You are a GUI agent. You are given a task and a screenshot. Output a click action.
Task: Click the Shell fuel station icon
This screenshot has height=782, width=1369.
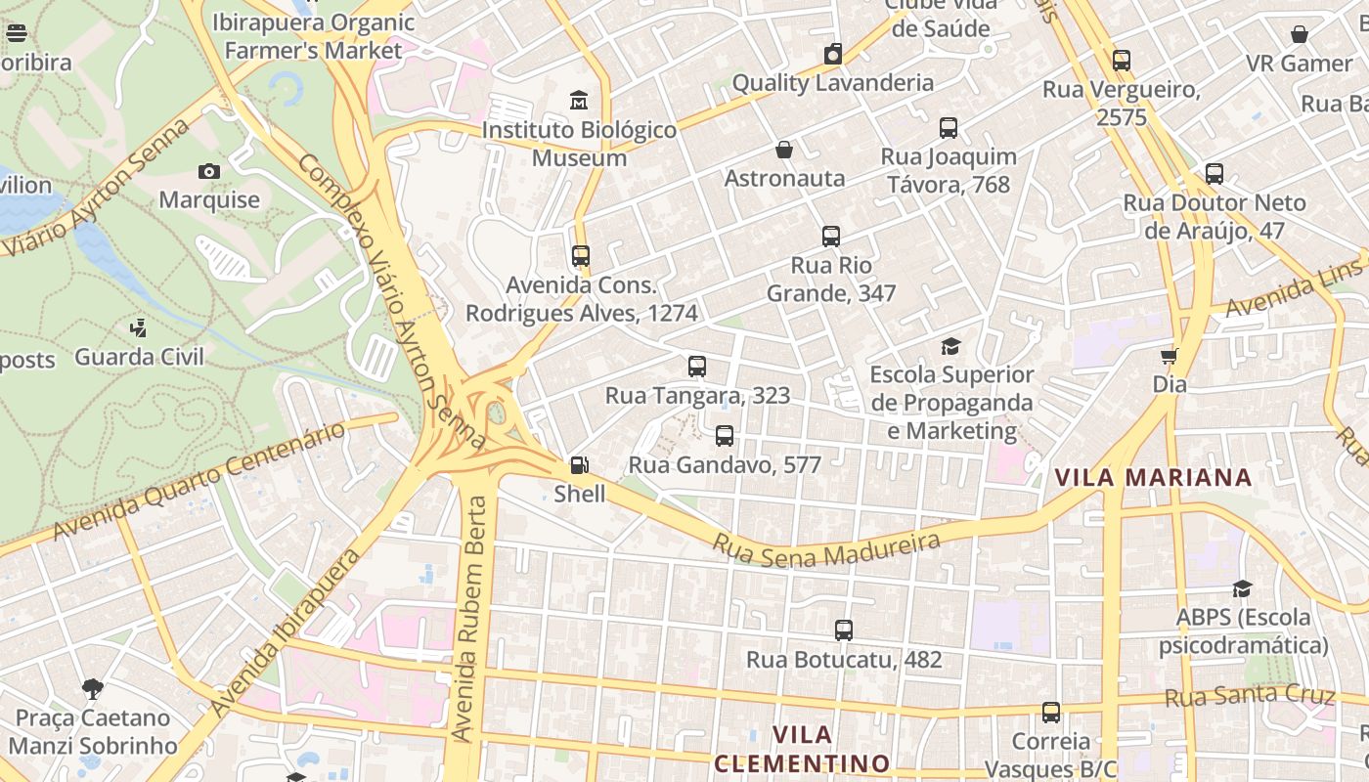[x=580, y=465]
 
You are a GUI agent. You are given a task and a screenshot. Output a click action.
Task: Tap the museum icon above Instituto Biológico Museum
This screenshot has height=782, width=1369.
[x=579, y=100]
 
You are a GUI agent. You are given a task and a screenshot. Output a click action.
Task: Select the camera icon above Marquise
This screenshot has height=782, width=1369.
[x=208, y=171]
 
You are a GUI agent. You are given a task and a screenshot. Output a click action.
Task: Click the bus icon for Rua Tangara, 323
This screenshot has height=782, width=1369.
[x=696, y=367]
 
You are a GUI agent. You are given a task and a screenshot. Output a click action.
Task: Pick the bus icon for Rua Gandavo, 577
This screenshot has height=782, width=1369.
[x=724, y=436]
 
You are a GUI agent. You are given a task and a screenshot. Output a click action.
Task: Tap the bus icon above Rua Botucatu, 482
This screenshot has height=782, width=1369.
[x=843, y=630]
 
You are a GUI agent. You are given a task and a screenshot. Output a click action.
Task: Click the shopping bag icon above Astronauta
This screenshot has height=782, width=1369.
[x=783, y=150]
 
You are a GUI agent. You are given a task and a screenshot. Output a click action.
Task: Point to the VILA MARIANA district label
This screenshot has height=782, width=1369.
[x=1153, y=477]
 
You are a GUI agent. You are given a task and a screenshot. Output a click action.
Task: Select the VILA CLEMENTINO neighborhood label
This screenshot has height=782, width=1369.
[x=802, y=749]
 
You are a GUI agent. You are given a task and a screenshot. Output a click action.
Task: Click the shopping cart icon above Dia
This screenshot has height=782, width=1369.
[x=1169, y=356]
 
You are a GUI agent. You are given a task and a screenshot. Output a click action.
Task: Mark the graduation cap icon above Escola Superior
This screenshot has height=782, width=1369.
[x=950, y=346]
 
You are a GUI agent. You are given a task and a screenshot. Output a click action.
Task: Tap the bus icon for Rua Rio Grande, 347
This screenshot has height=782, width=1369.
[x=830, y=237]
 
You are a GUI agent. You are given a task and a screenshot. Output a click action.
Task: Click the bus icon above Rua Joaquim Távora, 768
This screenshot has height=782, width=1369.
[x=948, y=127]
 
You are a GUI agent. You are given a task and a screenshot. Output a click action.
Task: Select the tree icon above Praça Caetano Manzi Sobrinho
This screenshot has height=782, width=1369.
[x=93, y=689]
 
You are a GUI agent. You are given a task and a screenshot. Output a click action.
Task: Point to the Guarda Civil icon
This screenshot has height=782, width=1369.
[x=139, y=328]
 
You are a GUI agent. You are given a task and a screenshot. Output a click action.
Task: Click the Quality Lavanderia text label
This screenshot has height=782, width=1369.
[x=832, y=83]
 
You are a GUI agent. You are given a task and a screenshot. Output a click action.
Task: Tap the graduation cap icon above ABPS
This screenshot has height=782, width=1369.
[x=1242, y=588]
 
